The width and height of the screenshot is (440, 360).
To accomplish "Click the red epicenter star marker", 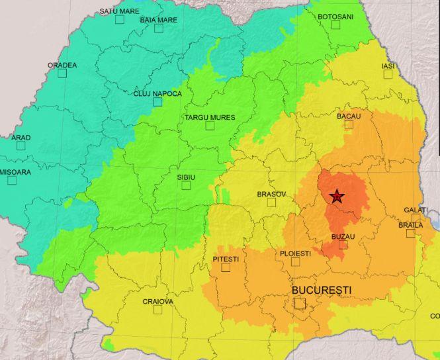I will click(337, 196).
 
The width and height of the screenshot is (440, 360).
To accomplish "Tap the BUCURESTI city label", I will click(322, 291).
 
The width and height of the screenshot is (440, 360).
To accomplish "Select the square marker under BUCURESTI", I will click(300, 303).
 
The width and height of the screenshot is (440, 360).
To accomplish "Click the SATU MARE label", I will click(119, 11).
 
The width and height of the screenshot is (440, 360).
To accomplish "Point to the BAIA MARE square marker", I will click(159, 28).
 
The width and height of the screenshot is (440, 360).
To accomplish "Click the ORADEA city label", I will click(62, 65).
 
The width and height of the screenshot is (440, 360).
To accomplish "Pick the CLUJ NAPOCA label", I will click(157, 93).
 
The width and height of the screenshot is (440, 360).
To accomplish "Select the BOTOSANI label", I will click(335, 16).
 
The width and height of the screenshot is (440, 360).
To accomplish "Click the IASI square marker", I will click(388, 74).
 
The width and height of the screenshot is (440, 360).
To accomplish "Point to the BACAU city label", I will click(349, 116).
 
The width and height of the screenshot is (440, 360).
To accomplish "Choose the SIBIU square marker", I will click(186, 185).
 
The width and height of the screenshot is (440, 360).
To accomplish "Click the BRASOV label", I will click(271, 195).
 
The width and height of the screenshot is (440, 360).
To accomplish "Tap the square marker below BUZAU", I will click(343, 244).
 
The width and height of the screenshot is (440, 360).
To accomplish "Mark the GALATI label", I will click(416, 210).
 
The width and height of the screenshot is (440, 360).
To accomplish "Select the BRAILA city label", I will click(410, 225).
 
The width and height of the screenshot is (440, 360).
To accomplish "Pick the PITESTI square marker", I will click(226, 267).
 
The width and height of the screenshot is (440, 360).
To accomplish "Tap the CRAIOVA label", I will click(157, 301).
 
